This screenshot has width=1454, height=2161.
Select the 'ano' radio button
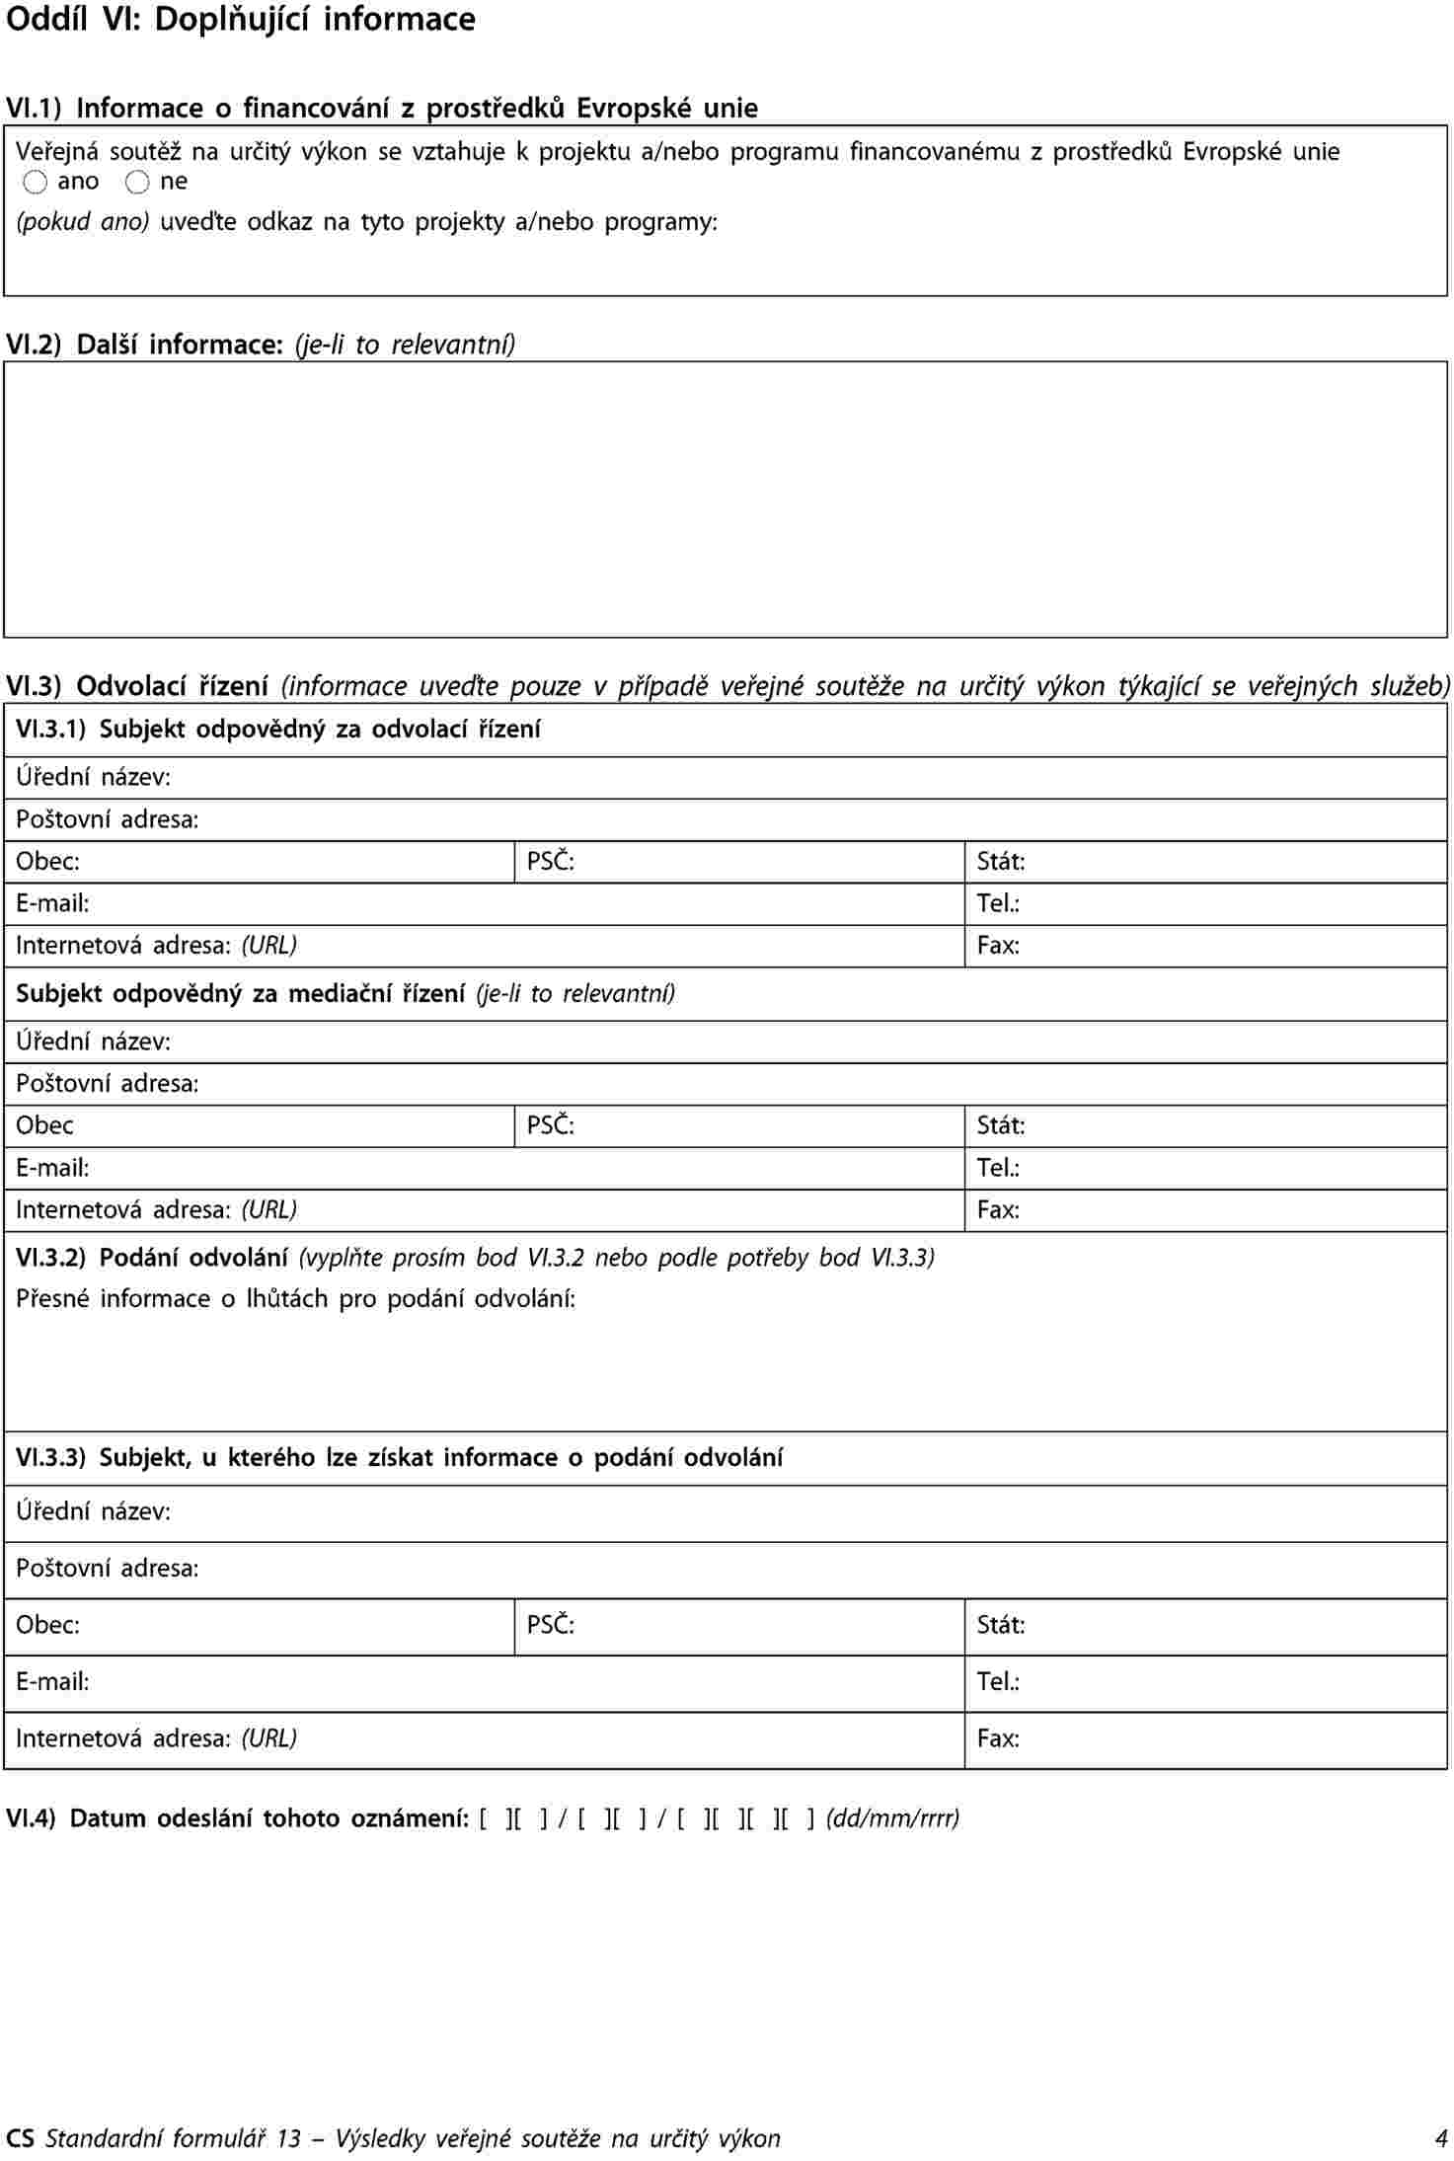(36, 183)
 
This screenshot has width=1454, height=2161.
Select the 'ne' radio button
(138, 183)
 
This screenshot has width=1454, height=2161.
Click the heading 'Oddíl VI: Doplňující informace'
(241, 20)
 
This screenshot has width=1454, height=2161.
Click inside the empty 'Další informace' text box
(726, 499)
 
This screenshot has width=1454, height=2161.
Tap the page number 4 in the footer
(1440, 2138)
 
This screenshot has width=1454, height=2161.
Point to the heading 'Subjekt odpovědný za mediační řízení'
(240, 993)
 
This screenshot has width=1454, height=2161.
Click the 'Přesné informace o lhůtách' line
(295, 1298)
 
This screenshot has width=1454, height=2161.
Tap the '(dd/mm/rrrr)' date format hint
(892, 1818)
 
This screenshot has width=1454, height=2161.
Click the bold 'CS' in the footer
(20, 2138)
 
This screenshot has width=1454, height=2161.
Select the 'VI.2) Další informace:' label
(145, 345)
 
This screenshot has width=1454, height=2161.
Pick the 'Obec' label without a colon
(44, 1125)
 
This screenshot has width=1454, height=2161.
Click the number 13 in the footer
(288, 2138)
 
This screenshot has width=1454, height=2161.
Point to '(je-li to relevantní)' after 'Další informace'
(405, 345)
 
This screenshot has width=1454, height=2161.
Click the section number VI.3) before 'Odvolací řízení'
(34, 685)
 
